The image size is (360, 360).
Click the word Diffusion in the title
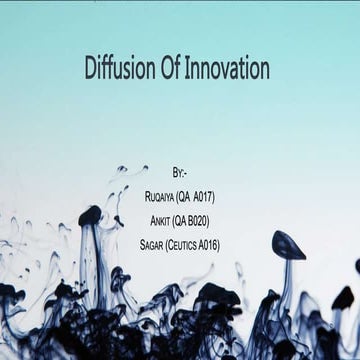click(x=118, y=69)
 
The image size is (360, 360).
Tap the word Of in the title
click(x=172, y=69)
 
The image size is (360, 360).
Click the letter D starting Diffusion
click(x=89, y=69)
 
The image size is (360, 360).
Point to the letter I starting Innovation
click(x=190, y=69)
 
